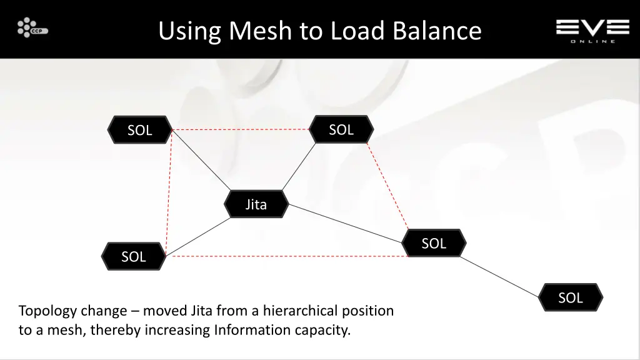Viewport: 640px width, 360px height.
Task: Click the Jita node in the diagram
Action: [256, 204]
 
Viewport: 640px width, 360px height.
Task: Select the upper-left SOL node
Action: [139, 130]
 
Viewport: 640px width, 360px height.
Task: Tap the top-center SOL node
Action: [341, 129]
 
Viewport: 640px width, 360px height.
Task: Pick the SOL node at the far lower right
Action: [570, 297]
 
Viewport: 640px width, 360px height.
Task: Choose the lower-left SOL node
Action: [133, 256]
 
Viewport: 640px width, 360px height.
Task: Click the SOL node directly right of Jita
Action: [434, 243]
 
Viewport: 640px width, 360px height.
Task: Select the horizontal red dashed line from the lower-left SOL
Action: [287, 256]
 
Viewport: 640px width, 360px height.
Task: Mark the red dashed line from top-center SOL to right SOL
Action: [387, 186]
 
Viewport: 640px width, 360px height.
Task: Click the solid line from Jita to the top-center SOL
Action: [299, 166]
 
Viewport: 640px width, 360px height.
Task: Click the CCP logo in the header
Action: [32, 28]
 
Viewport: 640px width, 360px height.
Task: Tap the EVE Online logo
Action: [592, 29]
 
